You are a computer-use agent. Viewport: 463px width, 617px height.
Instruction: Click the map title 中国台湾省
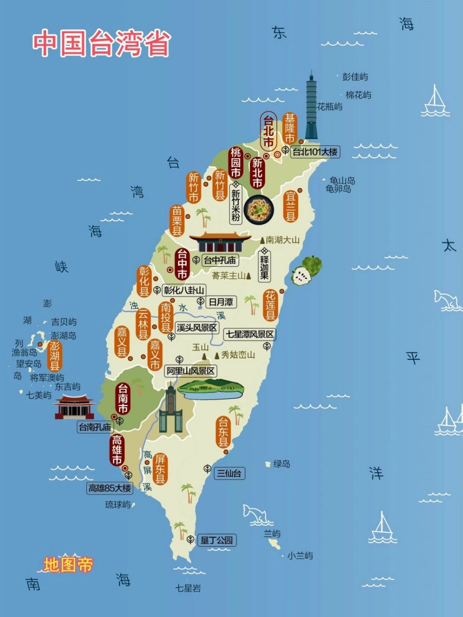tap(102, 44)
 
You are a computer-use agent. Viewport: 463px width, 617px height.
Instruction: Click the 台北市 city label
tap(268, 131)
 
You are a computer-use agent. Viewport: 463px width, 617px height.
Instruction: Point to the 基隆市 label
tap(289, 128)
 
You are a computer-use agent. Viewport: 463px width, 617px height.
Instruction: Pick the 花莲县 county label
tap(271, 305)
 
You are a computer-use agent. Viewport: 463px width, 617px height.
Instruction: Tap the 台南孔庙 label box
tap(95, 427)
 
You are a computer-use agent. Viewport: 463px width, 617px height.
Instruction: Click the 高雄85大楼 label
tap(109, 488)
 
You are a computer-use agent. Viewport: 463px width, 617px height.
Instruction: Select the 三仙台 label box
tap(229, 473)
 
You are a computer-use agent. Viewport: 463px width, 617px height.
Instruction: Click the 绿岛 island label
tap(282, 464)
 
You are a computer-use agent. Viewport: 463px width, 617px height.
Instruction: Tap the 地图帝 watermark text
tap(68, 565)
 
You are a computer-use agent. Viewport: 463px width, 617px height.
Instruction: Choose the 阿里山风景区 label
tap(190, 371)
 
